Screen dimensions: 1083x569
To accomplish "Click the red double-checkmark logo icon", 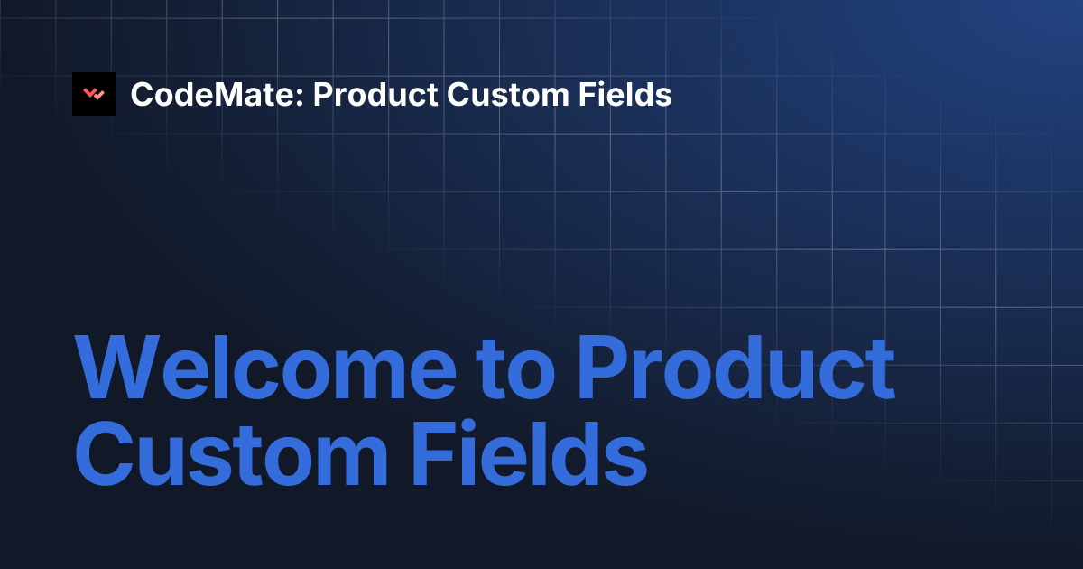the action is [94, 94].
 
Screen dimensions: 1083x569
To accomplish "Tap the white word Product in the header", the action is [375, 94].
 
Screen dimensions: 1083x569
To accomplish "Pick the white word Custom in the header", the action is [508, 94].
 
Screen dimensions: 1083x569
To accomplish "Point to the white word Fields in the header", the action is [625, 94].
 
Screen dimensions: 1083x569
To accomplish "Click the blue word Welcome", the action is [265, 368].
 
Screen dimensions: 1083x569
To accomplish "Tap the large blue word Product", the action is [736, 368].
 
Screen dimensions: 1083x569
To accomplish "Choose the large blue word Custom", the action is [231, 453].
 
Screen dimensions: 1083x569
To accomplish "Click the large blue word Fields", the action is [530, 453].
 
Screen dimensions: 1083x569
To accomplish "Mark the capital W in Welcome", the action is [117, 368].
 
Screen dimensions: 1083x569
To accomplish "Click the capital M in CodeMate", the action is [227, 94].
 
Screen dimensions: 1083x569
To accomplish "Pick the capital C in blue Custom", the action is [105, 453].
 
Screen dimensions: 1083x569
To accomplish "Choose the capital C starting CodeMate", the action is [143, 94].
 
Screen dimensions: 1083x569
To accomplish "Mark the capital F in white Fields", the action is [587, 94].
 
